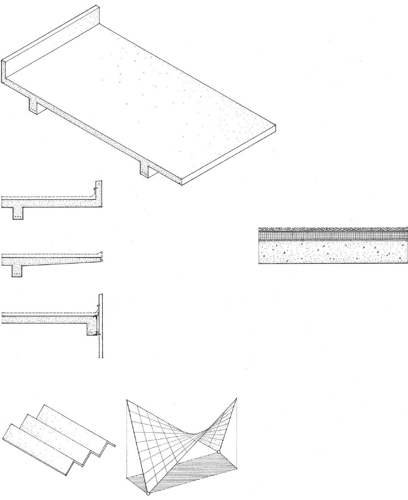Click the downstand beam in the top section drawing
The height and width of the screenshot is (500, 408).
click(x=18, y=213)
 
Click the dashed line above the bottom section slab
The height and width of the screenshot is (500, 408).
click(x=45, y=312)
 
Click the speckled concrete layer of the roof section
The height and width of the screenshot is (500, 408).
click(x=333, y=252)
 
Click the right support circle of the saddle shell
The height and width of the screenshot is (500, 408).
click(x=219, y=452)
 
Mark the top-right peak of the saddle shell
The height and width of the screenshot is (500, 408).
click(x=236, y=398)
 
